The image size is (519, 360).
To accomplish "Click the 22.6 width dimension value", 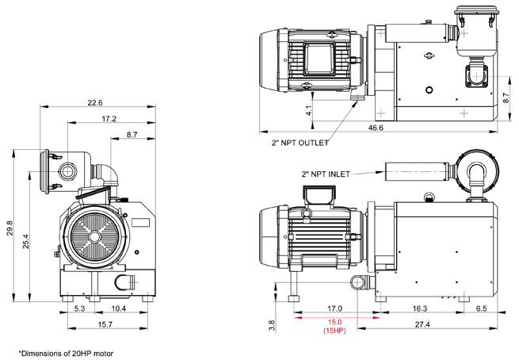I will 95,101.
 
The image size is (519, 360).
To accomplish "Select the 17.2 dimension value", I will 109,118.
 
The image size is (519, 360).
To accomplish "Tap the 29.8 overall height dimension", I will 10,227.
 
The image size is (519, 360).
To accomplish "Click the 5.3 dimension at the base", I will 80,308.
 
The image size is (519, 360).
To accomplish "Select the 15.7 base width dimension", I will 105,325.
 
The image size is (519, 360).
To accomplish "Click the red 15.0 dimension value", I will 334,322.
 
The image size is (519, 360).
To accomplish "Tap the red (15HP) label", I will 334,331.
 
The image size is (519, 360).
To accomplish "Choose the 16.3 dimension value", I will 419,308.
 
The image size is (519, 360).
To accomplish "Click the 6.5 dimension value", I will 481,308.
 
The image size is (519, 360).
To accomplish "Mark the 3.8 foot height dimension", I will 273,324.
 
